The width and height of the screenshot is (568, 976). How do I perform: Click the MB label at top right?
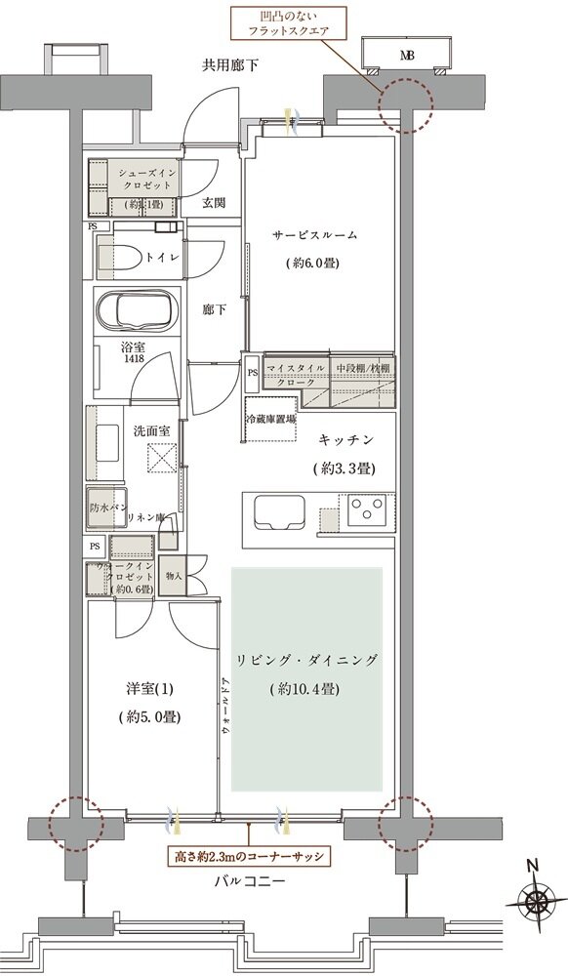pos(405,57)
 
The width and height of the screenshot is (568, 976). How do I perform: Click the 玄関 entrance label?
pos(215,203)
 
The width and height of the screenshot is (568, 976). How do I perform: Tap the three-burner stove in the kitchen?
pos(369,509)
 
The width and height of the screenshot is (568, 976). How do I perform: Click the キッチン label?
pos(345,440)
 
